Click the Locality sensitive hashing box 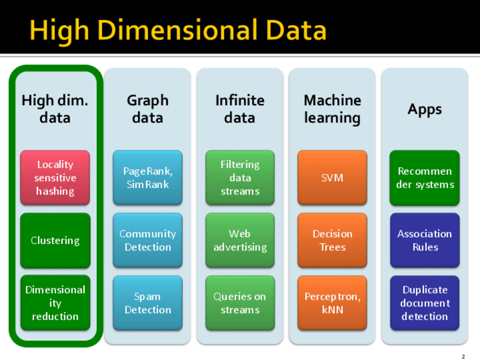click(x=55, y=178)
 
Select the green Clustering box click(x=55, y=241)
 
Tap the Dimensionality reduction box click(x=55, y=303)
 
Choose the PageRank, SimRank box click(x=148, y=178)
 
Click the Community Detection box click(x=148, y=241)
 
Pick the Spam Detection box click(x=148, y=303)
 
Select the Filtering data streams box click(x=240, y=178)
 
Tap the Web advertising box click(x=240, y=241)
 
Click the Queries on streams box click(x=240, y=303)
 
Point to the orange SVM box click(x=332, y=178)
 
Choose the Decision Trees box click(x=332, y=241)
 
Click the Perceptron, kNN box click(x=332, y=303)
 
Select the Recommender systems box click(x=425, y=178)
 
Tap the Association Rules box click(x=425, y=241)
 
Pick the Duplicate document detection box click(x=425, y=303)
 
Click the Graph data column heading click(x=148, y=109)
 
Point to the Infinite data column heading click(x=240, y=109)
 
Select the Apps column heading click(x=425, y=110)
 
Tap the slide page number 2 click(x=463, y=357)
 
